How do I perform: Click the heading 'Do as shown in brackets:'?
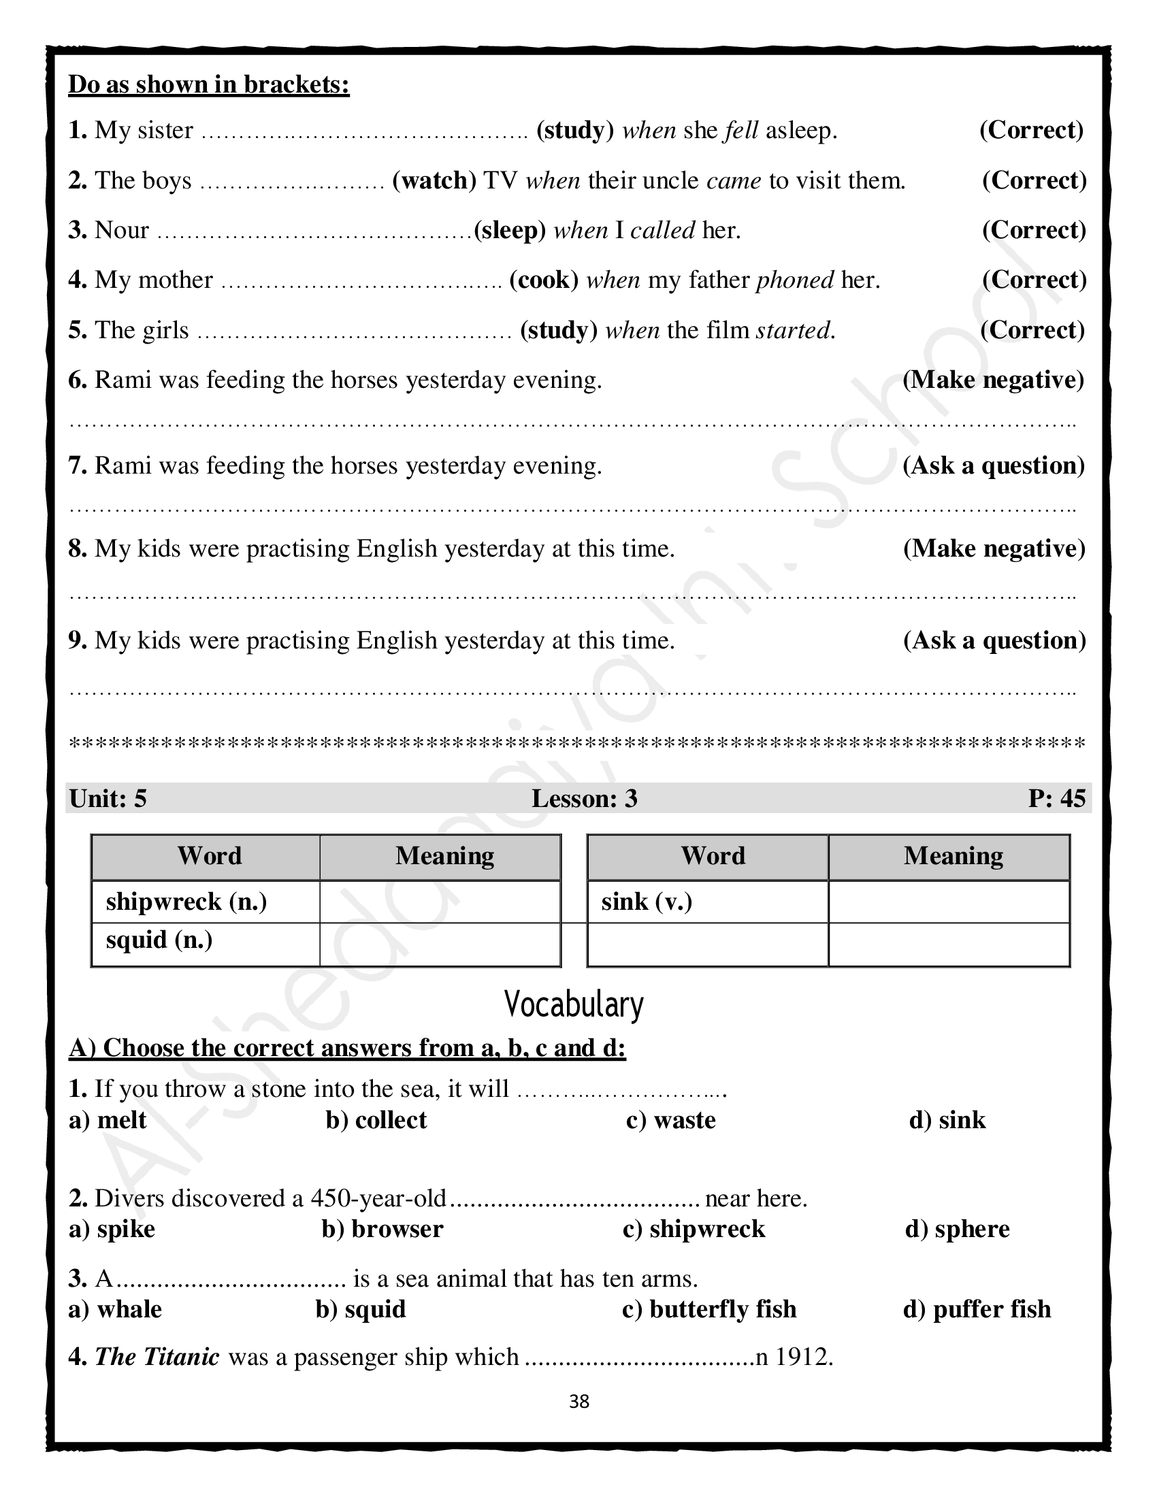209,85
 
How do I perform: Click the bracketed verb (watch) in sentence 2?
434,180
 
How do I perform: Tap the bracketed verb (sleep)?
509,230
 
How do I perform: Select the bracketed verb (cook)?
544,280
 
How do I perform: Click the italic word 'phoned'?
794,280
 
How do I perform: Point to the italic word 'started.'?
795,331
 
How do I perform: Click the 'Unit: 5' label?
108,799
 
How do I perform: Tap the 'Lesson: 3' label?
584,799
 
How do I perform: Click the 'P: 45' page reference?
1056,799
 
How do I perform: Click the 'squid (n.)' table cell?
159,940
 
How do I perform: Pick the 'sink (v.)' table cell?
647,902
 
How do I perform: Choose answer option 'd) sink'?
947,1120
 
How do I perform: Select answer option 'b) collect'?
376,1120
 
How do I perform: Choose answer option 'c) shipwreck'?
694,1229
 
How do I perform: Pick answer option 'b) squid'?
361,1309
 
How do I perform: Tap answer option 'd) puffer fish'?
977,1309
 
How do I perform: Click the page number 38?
579,1402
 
